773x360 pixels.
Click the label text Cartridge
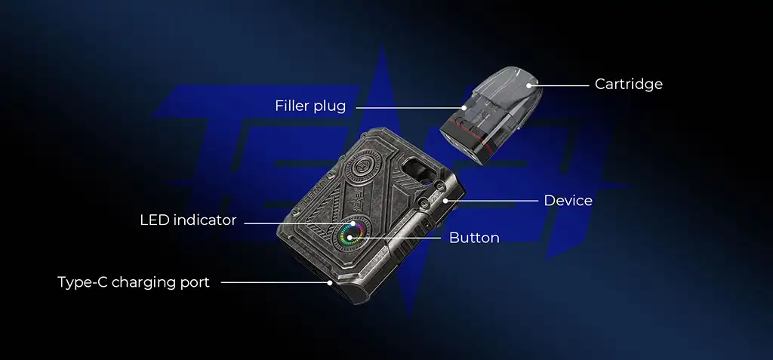click(x=628, y=85)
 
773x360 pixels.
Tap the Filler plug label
click(x=310, y=106)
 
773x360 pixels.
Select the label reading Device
click(x=568, y=201)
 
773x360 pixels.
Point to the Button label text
click(x=474, y=238)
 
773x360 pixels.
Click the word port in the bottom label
click(x=194, y=283)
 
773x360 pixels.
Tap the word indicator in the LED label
click(x=205, y=220)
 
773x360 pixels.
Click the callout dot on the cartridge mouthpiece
click(x=531, y=86)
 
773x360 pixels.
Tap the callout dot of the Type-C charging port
click(x=330, y=283)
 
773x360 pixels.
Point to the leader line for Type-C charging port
click(x=275, y=283)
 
